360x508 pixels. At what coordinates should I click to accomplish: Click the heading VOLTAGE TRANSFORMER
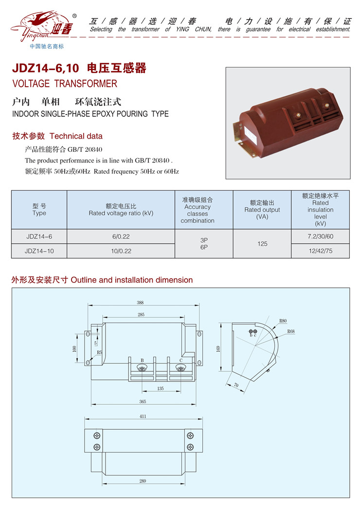coord(65,84)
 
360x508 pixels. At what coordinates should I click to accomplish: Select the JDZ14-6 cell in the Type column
coord(39,236)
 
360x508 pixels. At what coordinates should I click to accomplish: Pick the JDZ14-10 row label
coord(39,251)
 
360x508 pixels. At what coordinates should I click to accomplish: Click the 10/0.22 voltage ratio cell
coord(121,251)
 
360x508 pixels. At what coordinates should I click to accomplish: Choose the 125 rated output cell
coord(262,244)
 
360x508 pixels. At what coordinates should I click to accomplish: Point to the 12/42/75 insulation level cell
coord(320,251)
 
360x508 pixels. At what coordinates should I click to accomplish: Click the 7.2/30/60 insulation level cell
coord(320,236)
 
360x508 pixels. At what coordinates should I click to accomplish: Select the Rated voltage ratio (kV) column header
coord(121,210)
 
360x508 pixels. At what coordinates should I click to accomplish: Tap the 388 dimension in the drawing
coord(140,302)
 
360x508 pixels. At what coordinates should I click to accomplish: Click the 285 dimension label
coord(141,315)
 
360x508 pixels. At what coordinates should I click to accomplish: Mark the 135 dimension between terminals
coord(161,388)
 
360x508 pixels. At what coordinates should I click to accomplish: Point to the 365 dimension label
coord(142,401)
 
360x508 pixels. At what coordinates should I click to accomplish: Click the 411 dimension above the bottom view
coord(143,417)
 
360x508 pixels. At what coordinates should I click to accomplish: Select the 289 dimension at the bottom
coord(143,481)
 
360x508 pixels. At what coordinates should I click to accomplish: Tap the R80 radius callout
coord(283,321)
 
